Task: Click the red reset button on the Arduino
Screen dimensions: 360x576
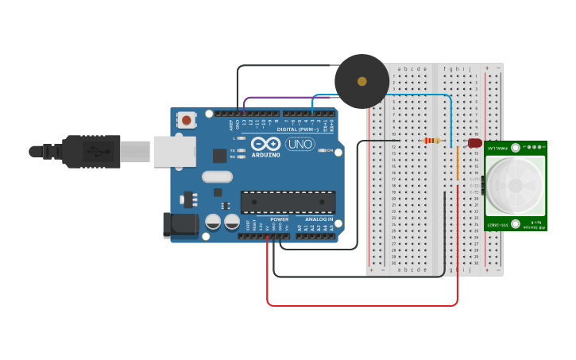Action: (186, 120)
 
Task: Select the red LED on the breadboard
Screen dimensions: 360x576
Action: (474, 143)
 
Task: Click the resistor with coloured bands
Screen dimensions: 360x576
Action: (431, 141)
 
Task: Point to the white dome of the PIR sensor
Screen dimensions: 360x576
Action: (516, 185)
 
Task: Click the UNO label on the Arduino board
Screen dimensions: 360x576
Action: (300, 144)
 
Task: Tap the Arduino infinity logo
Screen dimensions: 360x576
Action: (266, 144)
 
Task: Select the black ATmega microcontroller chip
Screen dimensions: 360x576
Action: (288, 202)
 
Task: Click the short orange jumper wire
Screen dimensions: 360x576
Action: (458, 164)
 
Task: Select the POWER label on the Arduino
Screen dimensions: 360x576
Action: (279, 219)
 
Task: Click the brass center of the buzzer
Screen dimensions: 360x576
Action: (362, 81)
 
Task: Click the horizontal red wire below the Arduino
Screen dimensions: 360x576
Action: (361, 305)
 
